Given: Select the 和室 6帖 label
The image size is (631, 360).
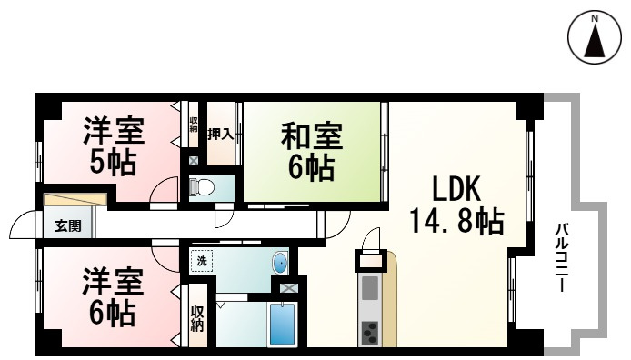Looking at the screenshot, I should (312, 152).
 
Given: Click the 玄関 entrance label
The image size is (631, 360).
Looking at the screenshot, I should (67, 226).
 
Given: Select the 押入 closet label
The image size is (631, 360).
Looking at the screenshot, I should (219, 135).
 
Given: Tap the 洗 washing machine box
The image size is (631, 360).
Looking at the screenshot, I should (202, 261).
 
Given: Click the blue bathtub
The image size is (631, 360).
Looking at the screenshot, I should (282, 324).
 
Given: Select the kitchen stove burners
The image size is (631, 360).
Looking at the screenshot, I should (370, 333).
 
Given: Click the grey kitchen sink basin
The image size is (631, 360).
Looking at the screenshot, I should (370, 288).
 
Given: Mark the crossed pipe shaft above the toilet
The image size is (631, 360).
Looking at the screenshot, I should (193, 162).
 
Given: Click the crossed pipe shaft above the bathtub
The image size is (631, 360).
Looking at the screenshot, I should (289, 288).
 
